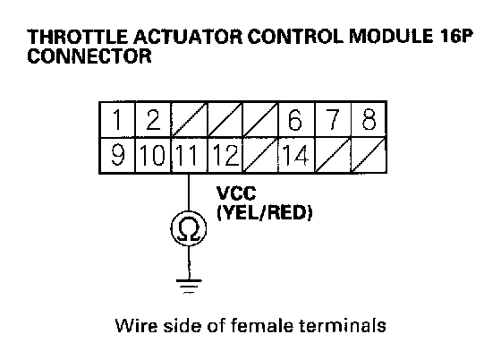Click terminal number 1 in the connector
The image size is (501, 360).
pyautogui.click(x=117, y=120)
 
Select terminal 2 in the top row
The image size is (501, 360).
pyautogui.click(x=153, y=120)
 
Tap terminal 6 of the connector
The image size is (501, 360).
pyautogui.click(x=296, y=120)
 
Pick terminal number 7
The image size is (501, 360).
pyautogui.click(x=333, y=120)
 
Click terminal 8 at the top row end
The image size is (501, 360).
pyautogui.click(x=369, y=120)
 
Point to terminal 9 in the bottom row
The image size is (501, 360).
pyautogui.click(x=117, y=156)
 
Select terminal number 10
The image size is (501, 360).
pyautogui.click(x=153, y=156)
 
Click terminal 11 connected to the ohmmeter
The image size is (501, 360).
pyautogui.click(x=189, y=156)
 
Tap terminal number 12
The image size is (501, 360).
pyautogui.click(x=225, y=156)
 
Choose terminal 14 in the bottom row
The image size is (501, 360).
pyautogui.click(x=296, y=156)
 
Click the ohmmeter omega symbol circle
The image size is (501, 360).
pyautogui.click(x=189, y=229)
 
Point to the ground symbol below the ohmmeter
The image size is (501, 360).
pyautogui.click(x=189, y=287)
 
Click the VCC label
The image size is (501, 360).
pyautogui.click(x=236, y=193)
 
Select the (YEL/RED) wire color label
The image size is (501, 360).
pyautogui.click(x=265, y=213)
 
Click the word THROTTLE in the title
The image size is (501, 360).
pyautogui.click(x=77, y=37)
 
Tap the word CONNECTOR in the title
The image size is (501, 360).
pyautogui.click(x=89, y=56)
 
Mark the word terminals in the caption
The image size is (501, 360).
pyautogui.click(x=343, y=325)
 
